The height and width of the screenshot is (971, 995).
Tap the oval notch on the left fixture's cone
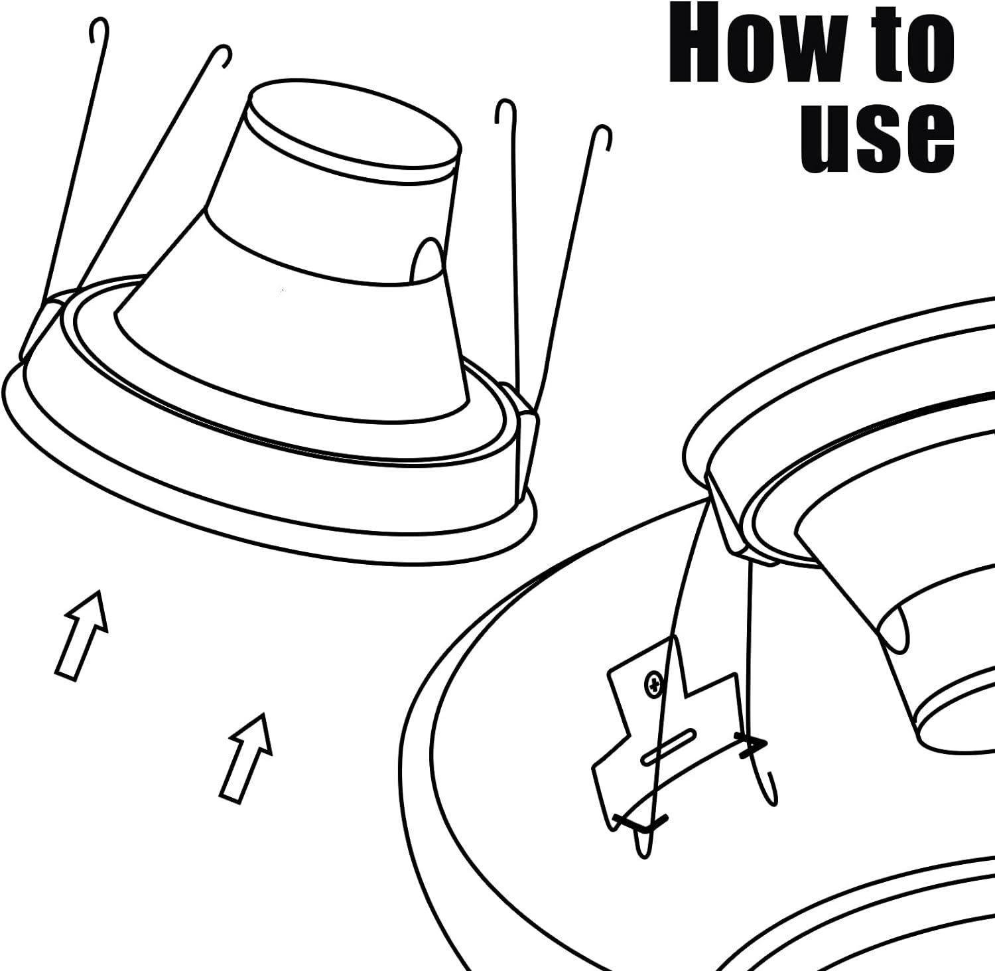click(x=427, y=262)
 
